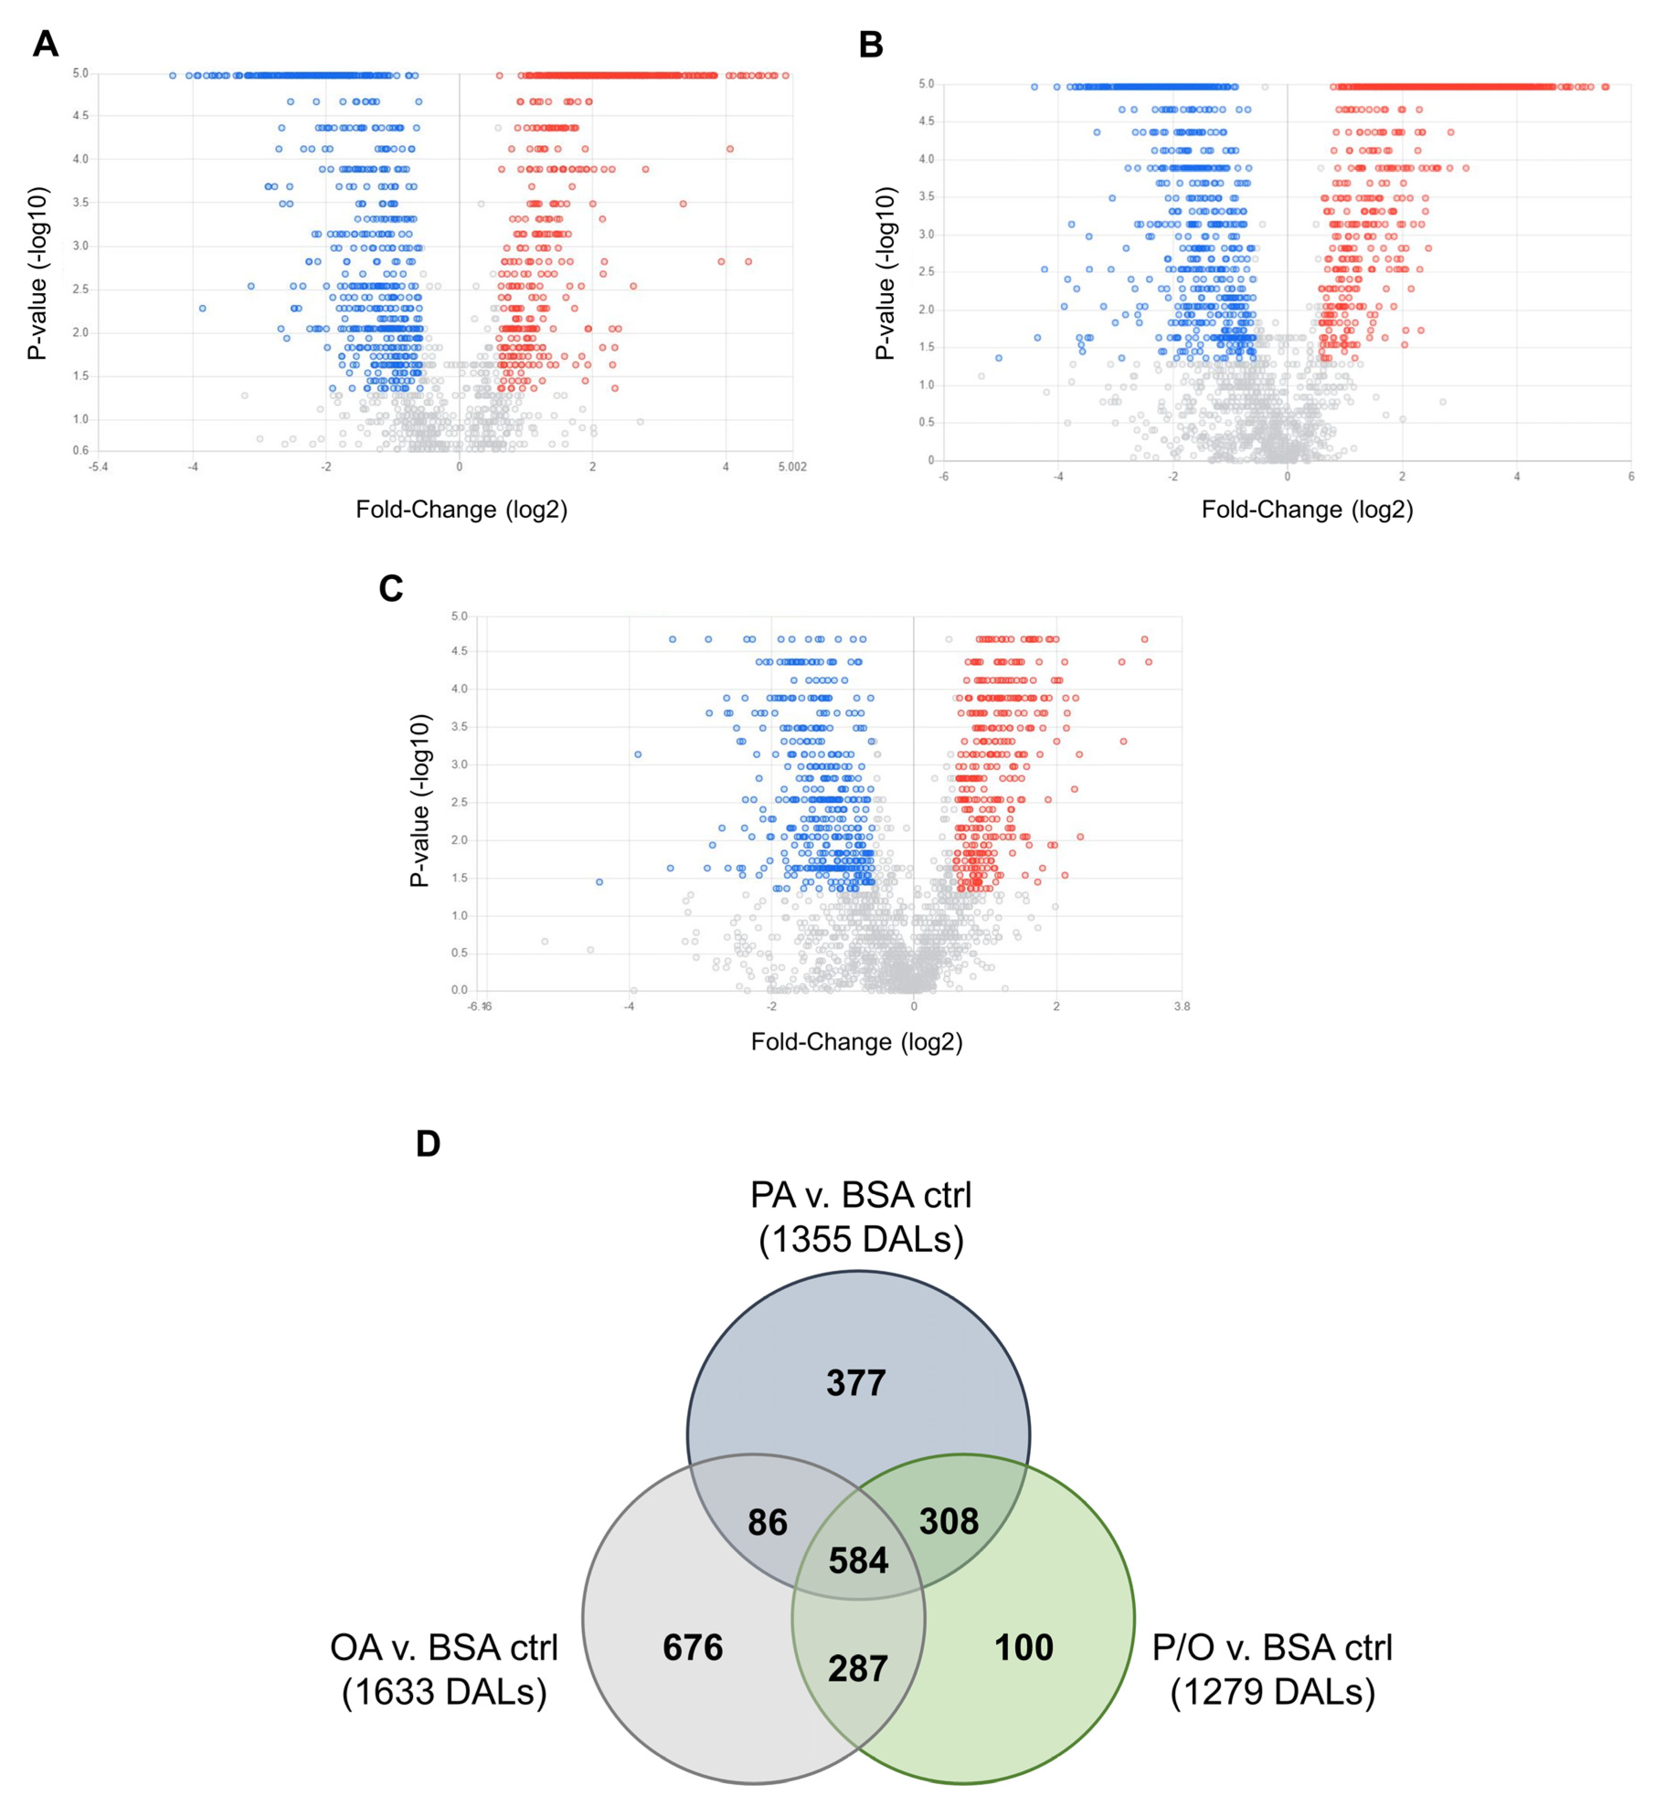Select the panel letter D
428,1144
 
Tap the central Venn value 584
858,1560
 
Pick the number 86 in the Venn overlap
767,1522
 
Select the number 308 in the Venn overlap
949,1521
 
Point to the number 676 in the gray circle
692,1648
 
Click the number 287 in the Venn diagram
858,1669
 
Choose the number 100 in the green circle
1024,1648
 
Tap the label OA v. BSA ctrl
444,1648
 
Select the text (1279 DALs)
1272,1691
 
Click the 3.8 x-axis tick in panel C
1182,1006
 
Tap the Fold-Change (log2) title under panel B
1307,510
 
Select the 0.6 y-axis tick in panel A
81,451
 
